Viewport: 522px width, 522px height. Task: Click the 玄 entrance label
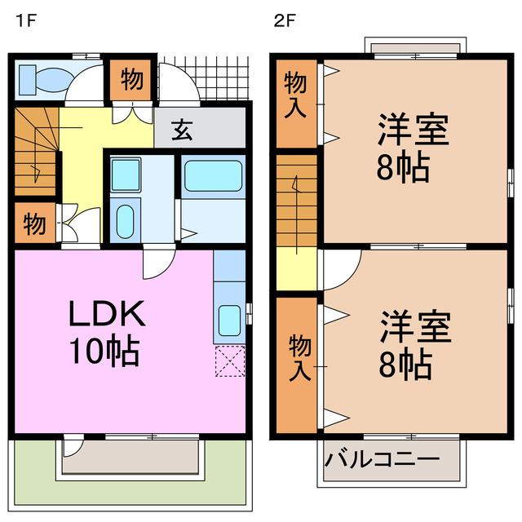184,128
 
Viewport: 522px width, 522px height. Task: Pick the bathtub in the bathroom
211,176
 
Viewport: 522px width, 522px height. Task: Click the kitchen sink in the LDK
229,320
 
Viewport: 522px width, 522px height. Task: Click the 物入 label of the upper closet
294,94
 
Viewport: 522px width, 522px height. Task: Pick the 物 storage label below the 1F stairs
34,223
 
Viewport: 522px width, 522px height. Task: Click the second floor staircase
295,196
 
